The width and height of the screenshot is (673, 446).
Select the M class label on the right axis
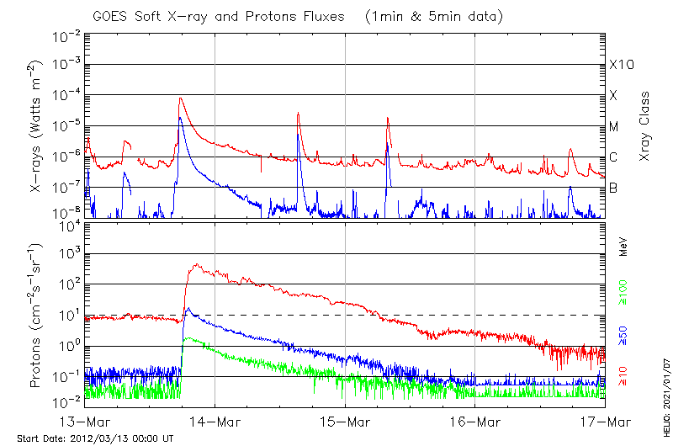(x=614, y=126)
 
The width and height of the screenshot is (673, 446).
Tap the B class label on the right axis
(x=613, y=188)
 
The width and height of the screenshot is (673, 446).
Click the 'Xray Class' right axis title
(x=645, y=126)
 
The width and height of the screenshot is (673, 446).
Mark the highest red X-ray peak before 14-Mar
(x=180, y=98)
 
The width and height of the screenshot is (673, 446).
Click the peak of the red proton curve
(x=196, y=264)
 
